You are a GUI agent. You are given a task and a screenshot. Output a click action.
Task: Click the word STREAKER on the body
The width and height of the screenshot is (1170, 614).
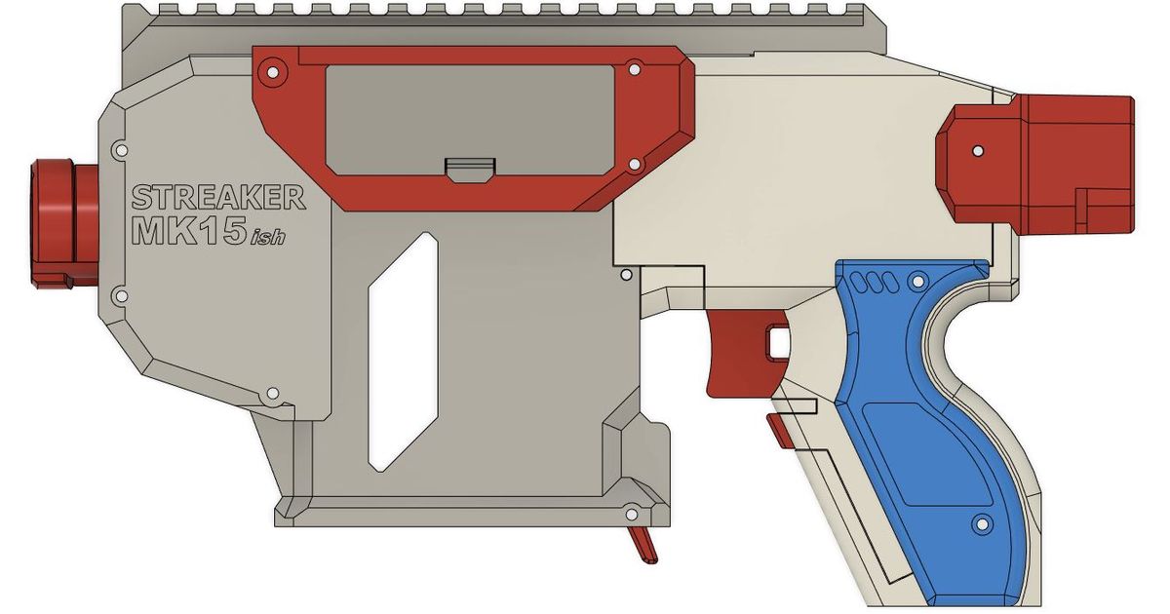pos(217,198)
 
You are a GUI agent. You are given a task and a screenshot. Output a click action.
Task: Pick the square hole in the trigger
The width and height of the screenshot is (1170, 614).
pos(778,342)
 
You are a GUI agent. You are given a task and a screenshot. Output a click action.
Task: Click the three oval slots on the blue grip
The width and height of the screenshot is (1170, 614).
pos(871,283)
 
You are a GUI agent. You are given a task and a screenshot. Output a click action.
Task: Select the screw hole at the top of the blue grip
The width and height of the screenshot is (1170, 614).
pos(916,282)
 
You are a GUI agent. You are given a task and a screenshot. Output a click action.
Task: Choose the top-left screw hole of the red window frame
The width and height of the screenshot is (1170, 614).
pos(272,70)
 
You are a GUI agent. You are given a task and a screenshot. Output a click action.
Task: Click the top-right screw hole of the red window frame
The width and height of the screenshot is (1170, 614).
pos(634,70)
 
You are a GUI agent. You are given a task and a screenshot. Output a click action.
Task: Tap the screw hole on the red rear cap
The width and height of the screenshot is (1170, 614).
pos(977,152)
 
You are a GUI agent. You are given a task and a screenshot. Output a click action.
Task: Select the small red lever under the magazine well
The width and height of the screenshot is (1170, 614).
pos(644,545)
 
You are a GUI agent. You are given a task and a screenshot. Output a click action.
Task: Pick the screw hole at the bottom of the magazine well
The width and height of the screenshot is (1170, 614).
pos(631,513)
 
